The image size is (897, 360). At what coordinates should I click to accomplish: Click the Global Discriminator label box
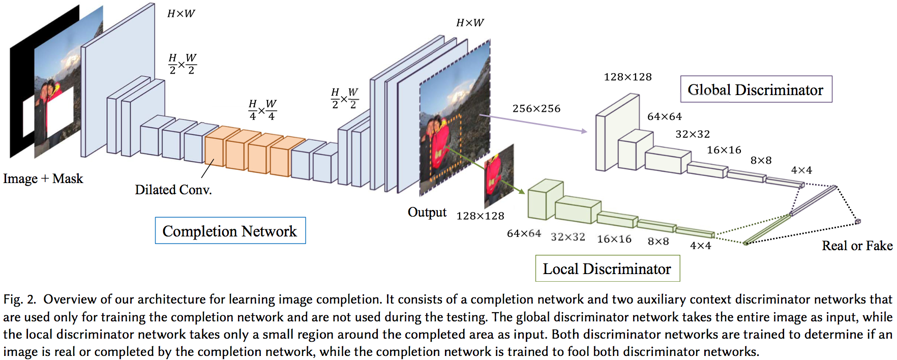(x=756, y=89)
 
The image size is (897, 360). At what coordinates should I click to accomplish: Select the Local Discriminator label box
(x=607, y=268)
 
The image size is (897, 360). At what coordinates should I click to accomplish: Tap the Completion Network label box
(x=230, y=231)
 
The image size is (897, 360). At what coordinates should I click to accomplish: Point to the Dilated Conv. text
(x=173, y=190)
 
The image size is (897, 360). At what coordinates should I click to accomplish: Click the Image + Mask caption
(x=43, y=178)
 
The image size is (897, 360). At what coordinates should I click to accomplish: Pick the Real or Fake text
(x=857, y=246)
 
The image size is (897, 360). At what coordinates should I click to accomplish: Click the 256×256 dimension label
(x=536, y=108)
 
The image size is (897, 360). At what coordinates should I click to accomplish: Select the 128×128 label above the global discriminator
(x=627, y=77)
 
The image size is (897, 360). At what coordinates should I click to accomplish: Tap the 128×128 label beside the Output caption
(x=480, y=216)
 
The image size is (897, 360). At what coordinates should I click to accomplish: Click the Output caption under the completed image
(x=427, y=212)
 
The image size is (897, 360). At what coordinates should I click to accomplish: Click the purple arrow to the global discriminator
(x=534, y=124)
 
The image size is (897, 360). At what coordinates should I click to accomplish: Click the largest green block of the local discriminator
(x=545, y=200)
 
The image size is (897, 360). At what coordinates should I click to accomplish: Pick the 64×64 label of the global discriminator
(x=664, y=116)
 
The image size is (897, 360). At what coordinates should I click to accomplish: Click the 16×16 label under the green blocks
(x=614, y=239)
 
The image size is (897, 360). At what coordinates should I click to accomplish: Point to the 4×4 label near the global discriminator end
(x=801, y=170)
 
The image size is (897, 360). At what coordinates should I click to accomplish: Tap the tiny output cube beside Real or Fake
(x=858, y=221)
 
